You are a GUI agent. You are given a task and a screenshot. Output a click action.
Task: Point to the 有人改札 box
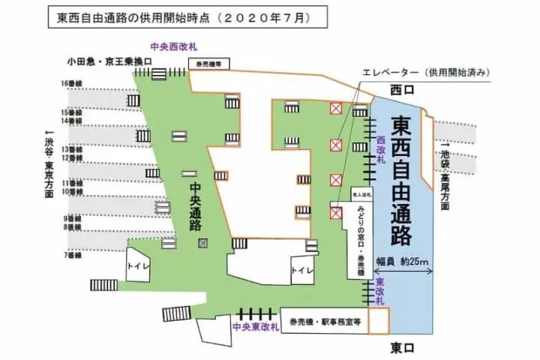click(363, 194)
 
